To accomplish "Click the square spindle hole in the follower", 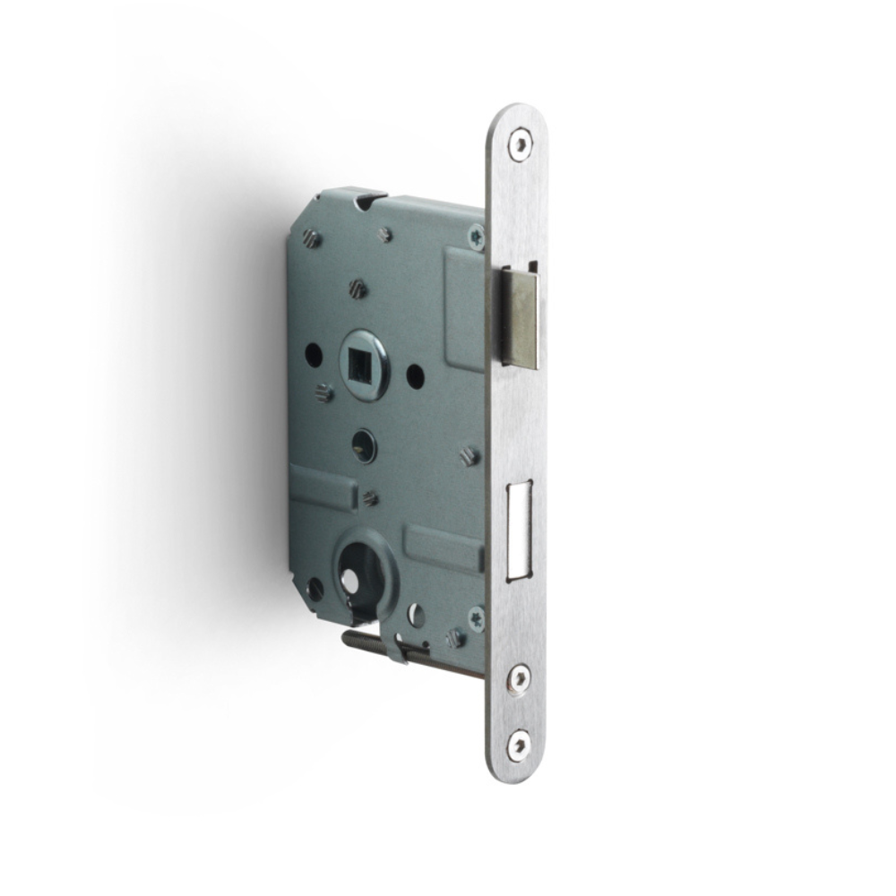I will click(364, 362).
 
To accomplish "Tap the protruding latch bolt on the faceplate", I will click(520, 317).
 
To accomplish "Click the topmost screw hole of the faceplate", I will click(519, 143).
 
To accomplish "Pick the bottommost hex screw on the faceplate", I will click(519, 744).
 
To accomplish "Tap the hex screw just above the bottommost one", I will click(519, 678).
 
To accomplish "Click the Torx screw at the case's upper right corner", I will click(476, 236).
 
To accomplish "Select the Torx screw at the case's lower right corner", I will click(476, 617).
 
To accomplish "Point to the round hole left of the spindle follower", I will click(314, 355).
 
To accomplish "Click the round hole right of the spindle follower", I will click(415, 375).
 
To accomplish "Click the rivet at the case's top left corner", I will click(311, 238).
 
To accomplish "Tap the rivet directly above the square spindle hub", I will click(358, 289).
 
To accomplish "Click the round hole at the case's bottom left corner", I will click(314, 589).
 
